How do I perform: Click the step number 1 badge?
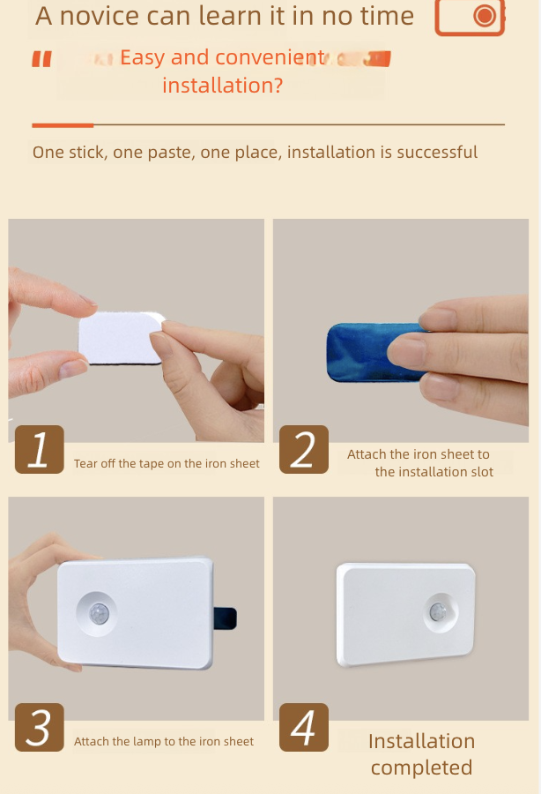tap(39, 449)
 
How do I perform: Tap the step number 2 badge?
tap(304, 449)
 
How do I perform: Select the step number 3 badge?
tap(39, 727)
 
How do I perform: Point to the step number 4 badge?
tap(304, 727)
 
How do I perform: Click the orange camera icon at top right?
tap(470, 17)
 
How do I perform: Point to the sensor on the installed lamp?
tap(437, 612)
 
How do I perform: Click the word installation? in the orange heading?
tap(222, 86)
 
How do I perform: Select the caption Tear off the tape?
tap(167, 463)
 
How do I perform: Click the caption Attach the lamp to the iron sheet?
tap(164, 742)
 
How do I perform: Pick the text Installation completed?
tap(421, 754)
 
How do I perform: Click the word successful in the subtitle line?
tap(436, 153)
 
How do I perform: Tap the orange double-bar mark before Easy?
tap(41, 59)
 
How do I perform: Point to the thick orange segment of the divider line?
tap(63, 125)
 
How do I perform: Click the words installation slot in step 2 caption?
tap(434, 472)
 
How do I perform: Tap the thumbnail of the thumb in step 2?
tap(401, 351)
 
